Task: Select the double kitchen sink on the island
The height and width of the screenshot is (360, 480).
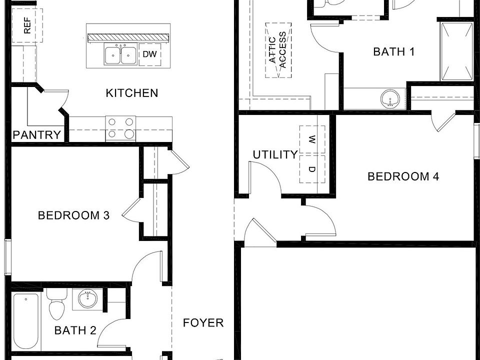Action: pos(120,54)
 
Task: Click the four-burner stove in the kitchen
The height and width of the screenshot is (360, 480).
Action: pos(120,127)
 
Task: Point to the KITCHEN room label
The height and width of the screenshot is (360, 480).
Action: pos(132,93)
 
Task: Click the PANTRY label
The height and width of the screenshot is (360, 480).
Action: pos(37,135)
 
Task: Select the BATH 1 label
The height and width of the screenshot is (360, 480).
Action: pos(394,51)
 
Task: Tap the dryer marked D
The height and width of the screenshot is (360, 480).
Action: pos(312,169)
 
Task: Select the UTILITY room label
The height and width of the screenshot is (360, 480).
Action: pos(275,155)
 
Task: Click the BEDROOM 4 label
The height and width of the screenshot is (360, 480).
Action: pos(403,176)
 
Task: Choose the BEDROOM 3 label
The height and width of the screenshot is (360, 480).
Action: pos(74,215)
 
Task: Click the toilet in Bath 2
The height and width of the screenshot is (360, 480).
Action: pos(56,304)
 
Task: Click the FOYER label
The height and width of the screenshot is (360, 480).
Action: pos(203,323)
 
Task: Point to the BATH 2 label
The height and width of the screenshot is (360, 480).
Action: pos(75,330)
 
